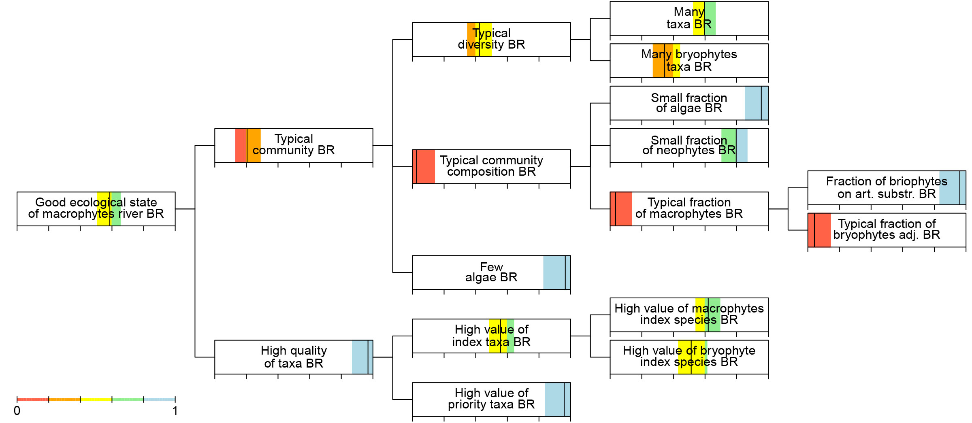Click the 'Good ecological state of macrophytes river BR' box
click(x=96, y=209)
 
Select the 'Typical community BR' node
click(x=294, y=145)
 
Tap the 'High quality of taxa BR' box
click(x=294, y=357)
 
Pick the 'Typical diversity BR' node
click(x=491, y=39)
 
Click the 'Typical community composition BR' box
click(x=491, y=166)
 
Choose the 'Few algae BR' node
click(x=491, y=272)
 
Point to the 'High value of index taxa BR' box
click(x=491, y=336)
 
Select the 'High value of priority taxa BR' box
click(x=491, y=400)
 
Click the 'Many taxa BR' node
click(x=689, y=18)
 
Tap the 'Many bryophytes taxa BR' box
click(x=689, y=61)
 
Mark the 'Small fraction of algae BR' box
click(x=689, y=103)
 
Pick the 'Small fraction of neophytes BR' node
click(x=689, y=145)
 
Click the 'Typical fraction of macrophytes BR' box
click(x=689, y=209)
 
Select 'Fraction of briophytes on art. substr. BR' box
click(x=887, y=188)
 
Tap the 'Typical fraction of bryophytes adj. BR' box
click(x=887, y=230)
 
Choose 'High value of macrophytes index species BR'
click(x=689, y=315)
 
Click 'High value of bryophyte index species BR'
click(x=689, y=357)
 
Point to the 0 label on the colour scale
click(x=17, y=411)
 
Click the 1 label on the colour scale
click(x=175, y=411)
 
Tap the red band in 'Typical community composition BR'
click(x=424, y=166)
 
